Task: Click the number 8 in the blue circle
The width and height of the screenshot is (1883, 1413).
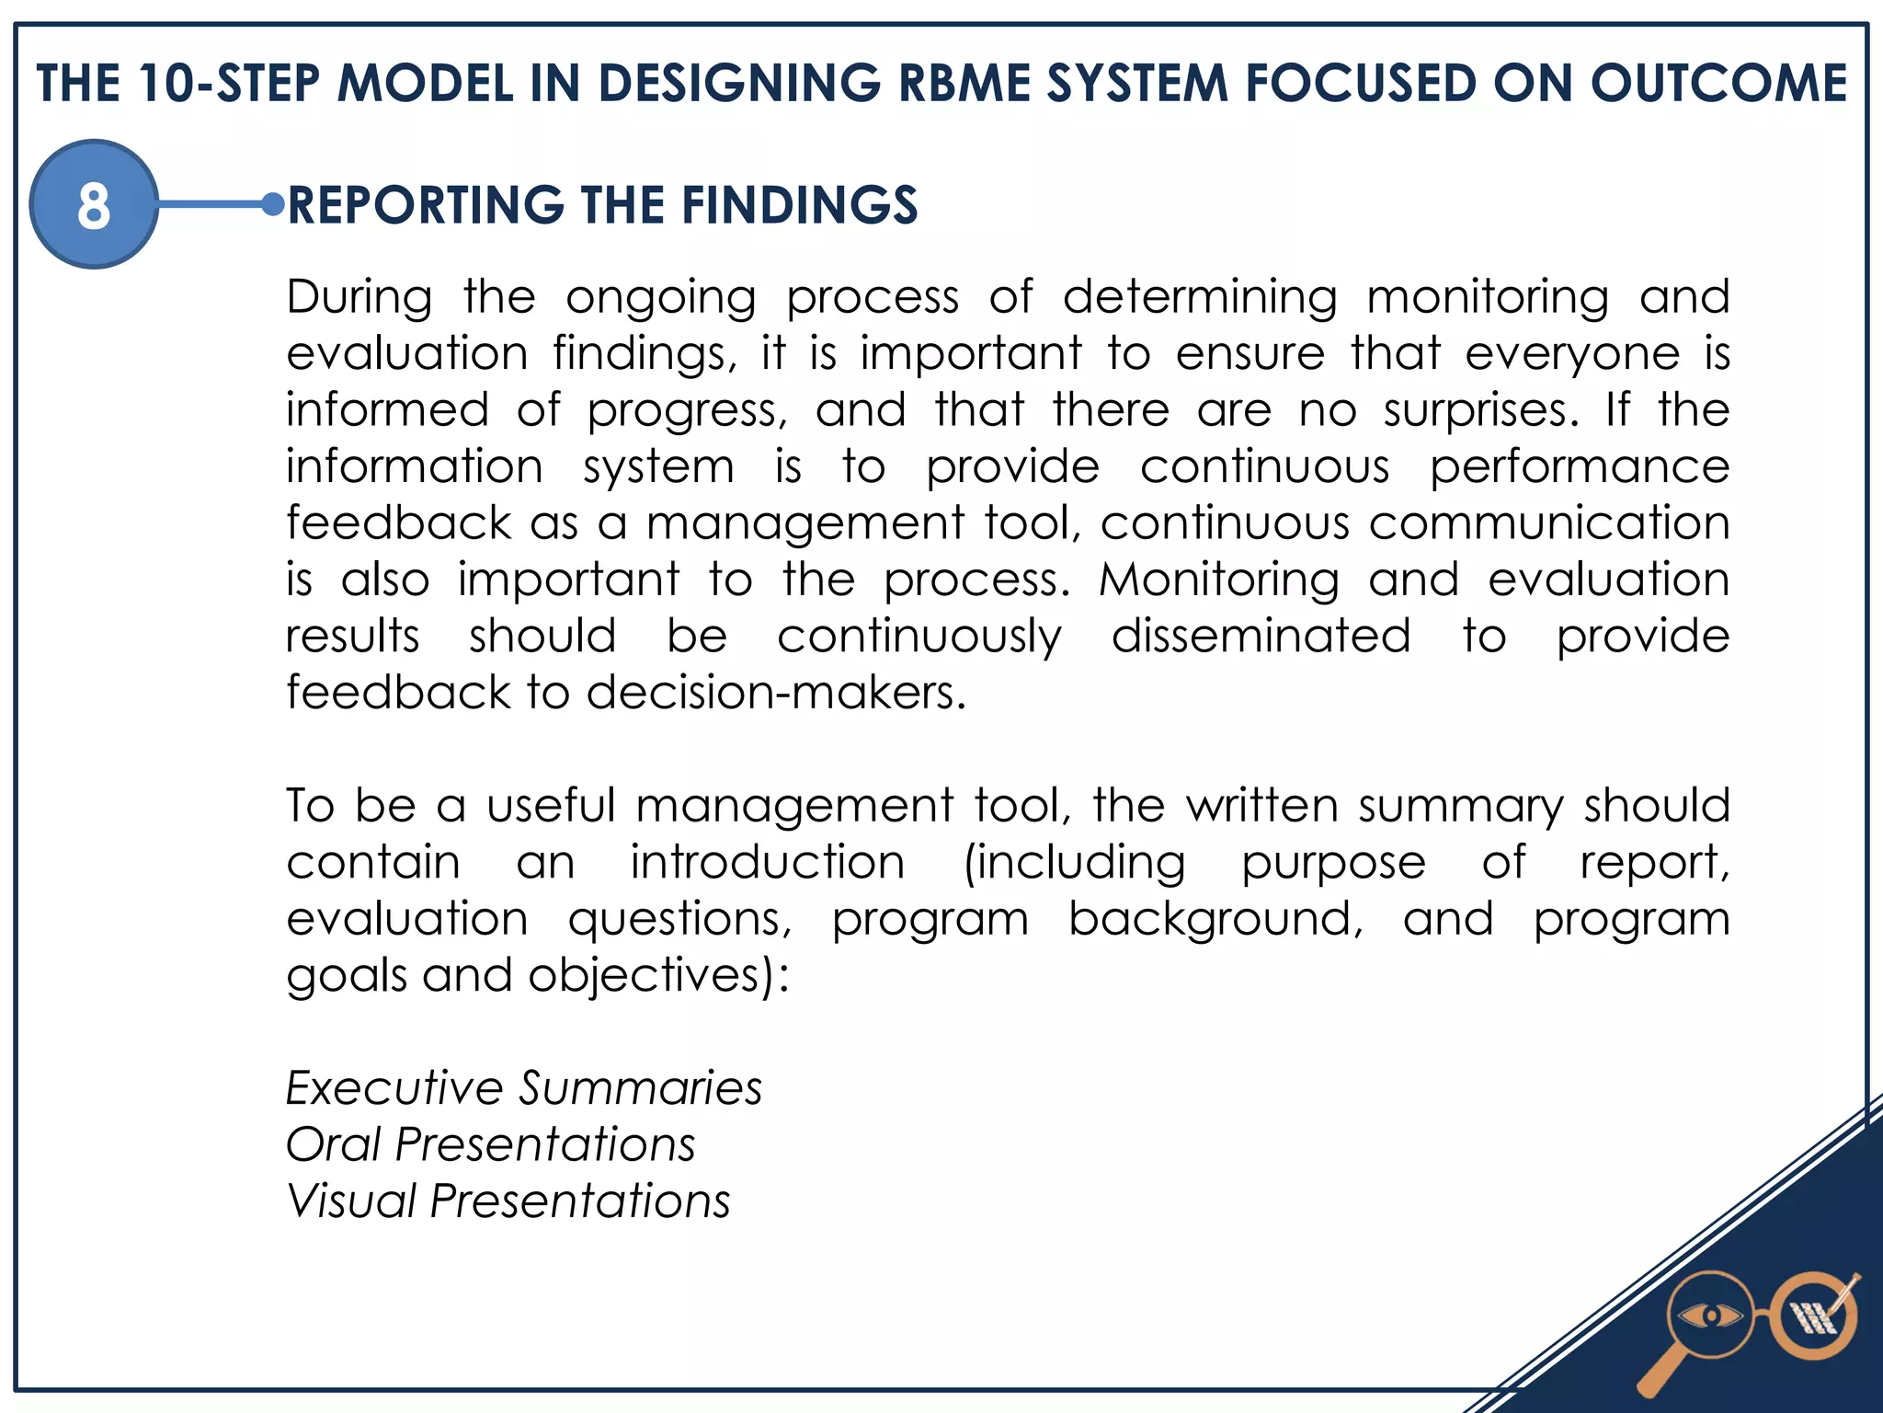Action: coord(94,205)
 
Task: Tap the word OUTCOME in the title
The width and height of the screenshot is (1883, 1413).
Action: coord(1718,84)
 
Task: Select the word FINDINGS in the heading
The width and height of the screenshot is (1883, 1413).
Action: coord(800,205)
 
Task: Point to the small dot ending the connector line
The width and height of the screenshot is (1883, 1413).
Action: coord(272,204)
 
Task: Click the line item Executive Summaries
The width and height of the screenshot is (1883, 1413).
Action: coord(524,1088)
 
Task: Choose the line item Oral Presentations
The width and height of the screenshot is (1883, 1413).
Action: coord(491,1145)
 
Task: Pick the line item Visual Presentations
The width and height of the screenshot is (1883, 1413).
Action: coord(508,1201)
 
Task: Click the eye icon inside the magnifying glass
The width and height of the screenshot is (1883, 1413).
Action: coord(1709,1316)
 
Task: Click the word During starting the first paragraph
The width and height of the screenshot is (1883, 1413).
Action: coord(359,297)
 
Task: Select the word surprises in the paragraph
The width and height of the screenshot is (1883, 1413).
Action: coord(1480,410)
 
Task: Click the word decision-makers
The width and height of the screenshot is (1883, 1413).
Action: coord(777,693)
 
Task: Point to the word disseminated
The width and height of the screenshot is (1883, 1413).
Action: coord(1261,637)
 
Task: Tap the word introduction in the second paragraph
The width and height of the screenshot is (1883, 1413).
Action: coord(768,863)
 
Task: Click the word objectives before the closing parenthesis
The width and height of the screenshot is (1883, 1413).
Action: coord(645,976)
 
